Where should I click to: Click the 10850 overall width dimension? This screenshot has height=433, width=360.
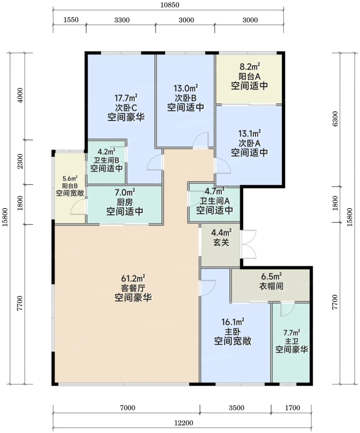coord(170,5)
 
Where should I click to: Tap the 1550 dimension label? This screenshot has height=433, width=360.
coord(71,20)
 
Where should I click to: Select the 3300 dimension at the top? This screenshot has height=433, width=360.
coord(122,20)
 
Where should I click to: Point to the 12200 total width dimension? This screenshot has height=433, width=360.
coord(184,423)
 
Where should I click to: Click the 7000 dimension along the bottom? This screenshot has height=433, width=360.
coord(128,408)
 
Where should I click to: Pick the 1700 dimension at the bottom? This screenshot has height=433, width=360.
coord(292,408)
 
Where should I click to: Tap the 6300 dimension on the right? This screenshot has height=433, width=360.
coord(335,119)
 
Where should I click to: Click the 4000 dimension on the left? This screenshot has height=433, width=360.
coord(20,95)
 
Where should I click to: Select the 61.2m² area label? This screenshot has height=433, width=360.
coord(133,278)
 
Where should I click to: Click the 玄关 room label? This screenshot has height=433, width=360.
coord(221,242)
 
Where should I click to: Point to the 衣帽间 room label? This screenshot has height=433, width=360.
coord(271,286)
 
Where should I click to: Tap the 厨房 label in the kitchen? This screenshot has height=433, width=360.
coord(125,202)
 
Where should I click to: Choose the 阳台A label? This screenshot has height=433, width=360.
coord(250,76)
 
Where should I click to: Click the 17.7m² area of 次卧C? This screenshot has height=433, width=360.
coord(126,98)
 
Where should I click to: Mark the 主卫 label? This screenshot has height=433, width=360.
coord(292,341)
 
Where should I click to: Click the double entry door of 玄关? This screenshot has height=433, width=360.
coord(249,244)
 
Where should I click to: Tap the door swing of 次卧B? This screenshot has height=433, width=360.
coord(201,140)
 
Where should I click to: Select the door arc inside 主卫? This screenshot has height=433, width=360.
coord(288,309)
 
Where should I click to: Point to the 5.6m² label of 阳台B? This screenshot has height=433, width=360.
coord(70,178)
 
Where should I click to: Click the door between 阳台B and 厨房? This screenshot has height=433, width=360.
coord(78,207)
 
